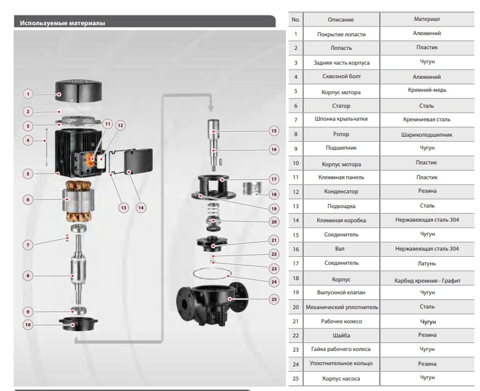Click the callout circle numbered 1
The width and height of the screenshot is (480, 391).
click(x=28, y=94)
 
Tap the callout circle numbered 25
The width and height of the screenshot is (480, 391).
click(x=274, y=299)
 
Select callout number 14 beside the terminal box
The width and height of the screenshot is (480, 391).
click(x=141, y=207)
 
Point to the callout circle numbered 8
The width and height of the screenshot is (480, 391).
click(x=28, y=275)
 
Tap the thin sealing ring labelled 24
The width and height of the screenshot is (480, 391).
click(x=211, y=273)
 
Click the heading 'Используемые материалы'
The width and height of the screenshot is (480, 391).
click(x=62, y=23)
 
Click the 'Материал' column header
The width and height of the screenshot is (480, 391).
click(x=426, y=20)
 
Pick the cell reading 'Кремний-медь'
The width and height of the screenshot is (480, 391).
click(x=426, y=91)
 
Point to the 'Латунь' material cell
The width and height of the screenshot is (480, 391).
click(x=426, y=263)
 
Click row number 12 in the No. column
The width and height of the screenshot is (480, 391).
click(x=296, y=191)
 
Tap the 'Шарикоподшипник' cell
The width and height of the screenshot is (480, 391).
click(x=426, y=134)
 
